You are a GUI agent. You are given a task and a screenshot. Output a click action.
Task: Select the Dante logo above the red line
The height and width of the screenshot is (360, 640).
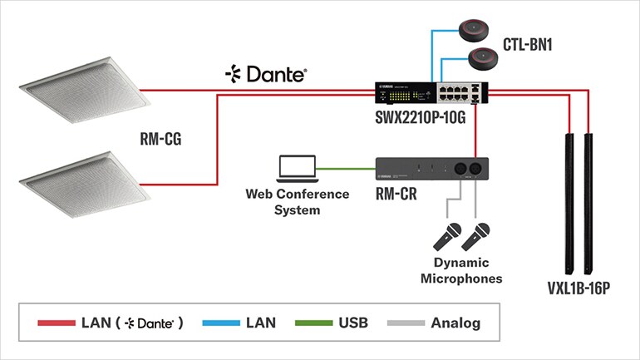[266, 73]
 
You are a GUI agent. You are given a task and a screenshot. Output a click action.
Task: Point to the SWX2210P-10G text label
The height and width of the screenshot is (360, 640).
[423, 117]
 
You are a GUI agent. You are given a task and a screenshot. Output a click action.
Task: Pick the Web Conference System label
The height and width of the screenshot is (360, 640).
[297, 202]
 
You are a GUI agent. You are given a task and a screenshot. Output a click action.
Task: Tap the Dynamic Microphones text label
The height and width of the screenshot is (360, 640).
[462, 271]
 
